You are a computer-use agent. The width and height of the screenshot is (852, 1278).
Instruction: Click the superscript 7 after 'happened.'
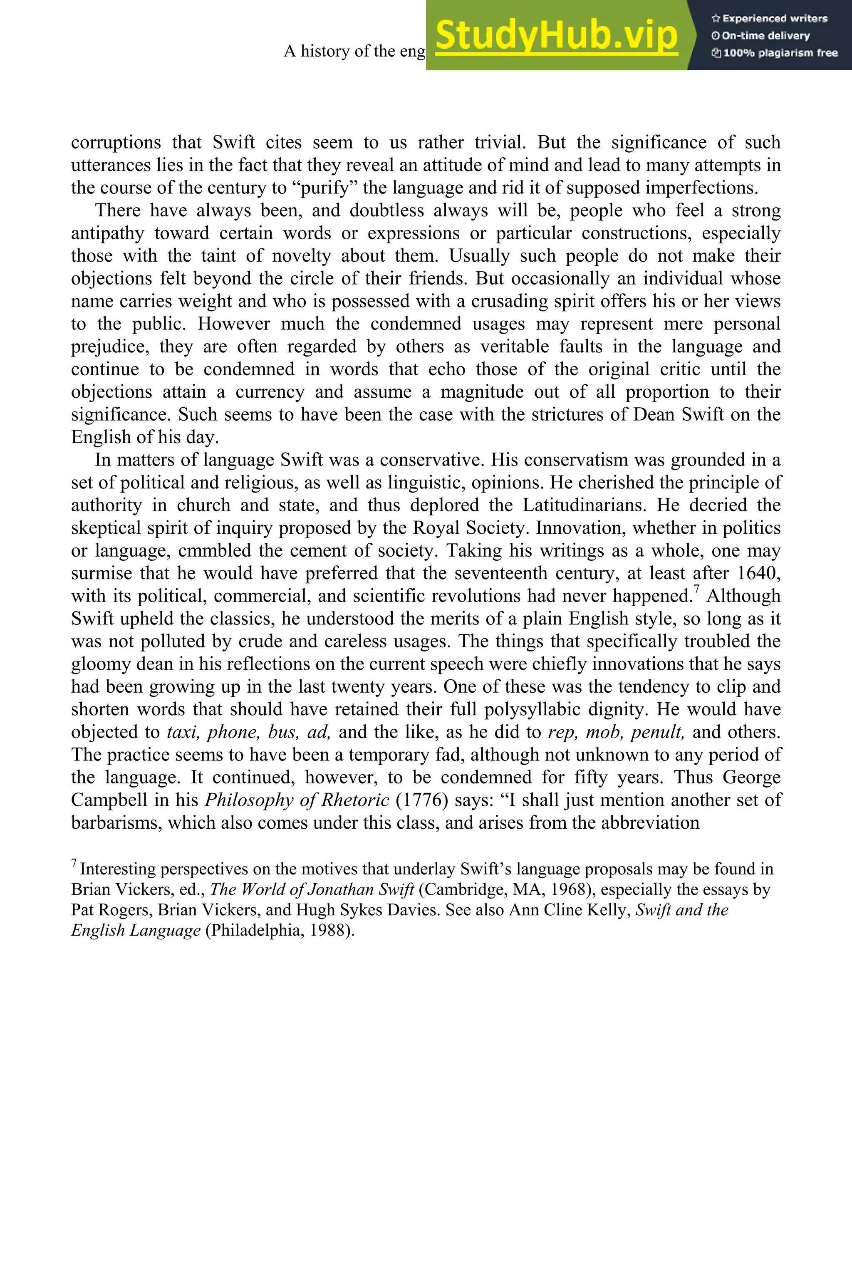(x=696, y=589)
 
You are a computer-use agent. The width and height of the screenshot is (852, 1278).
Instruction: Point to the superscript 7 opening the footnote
(x=74, y=863)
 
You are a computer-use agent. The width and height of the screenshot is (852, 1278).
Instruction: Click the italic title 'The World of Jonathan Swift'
(x=312, y=889)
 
